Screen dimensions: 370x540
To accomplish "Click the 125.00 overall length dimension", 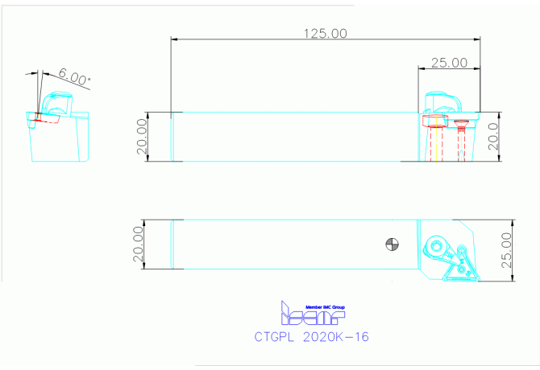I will (x=325, y=33).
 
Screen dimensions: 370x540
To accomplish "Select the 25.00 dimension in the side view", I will (x=449, y=62).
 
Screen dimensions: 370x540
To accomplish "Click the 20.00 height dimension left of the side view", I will (x=142, y=137).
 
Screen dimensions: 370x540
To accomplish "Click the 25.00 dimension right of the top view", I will (x=506, y=250).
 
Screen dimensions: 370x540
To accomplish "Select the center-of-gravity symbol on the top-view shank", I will (x=392, y=243).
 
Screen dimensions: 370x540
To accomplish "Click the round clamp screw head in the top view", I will (x=438, y=247).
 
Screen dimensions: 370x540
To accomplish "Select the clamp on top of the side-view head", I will (x=444, y=102).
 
